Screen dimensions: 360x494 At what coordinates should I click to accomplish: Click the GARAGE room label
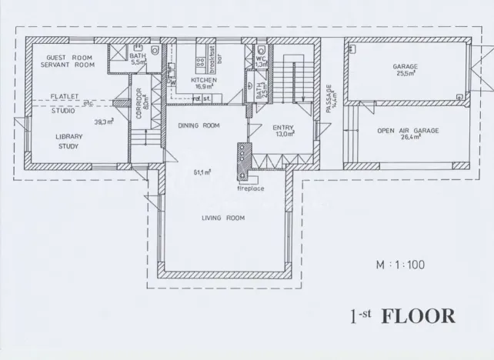click(406, 66)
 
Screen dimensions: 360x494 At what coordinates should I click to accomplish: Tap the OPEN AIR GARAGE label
click(408, 131)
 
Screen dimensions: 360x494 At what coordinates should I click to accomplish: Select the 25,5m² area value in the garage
click(406, 75)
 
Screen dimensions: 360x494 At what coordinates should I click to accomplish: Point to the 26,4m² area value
click(408, 139)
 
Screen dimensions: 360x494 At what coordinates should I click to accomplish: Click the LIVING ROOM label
click(222, 218)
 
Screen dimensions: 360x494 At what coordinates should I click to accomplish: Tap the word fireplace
click(252, 188)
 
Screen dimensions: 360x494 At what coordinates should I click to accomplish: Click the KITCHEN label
click(204, 79)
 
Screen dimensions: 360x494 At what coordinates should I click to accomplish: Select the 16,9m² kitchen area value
click(204, 87)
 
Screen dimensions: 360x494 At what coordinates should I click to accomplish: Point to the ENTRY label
click(284, 127)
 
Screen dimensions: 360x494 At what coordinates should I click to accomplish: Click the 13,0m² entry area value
click(285, 135)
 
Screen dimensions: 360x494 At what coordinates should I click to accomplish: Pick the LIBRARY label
click(69, 136)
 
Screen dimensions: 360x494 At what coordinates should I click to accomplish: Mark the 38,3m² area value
click(104, 122)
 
